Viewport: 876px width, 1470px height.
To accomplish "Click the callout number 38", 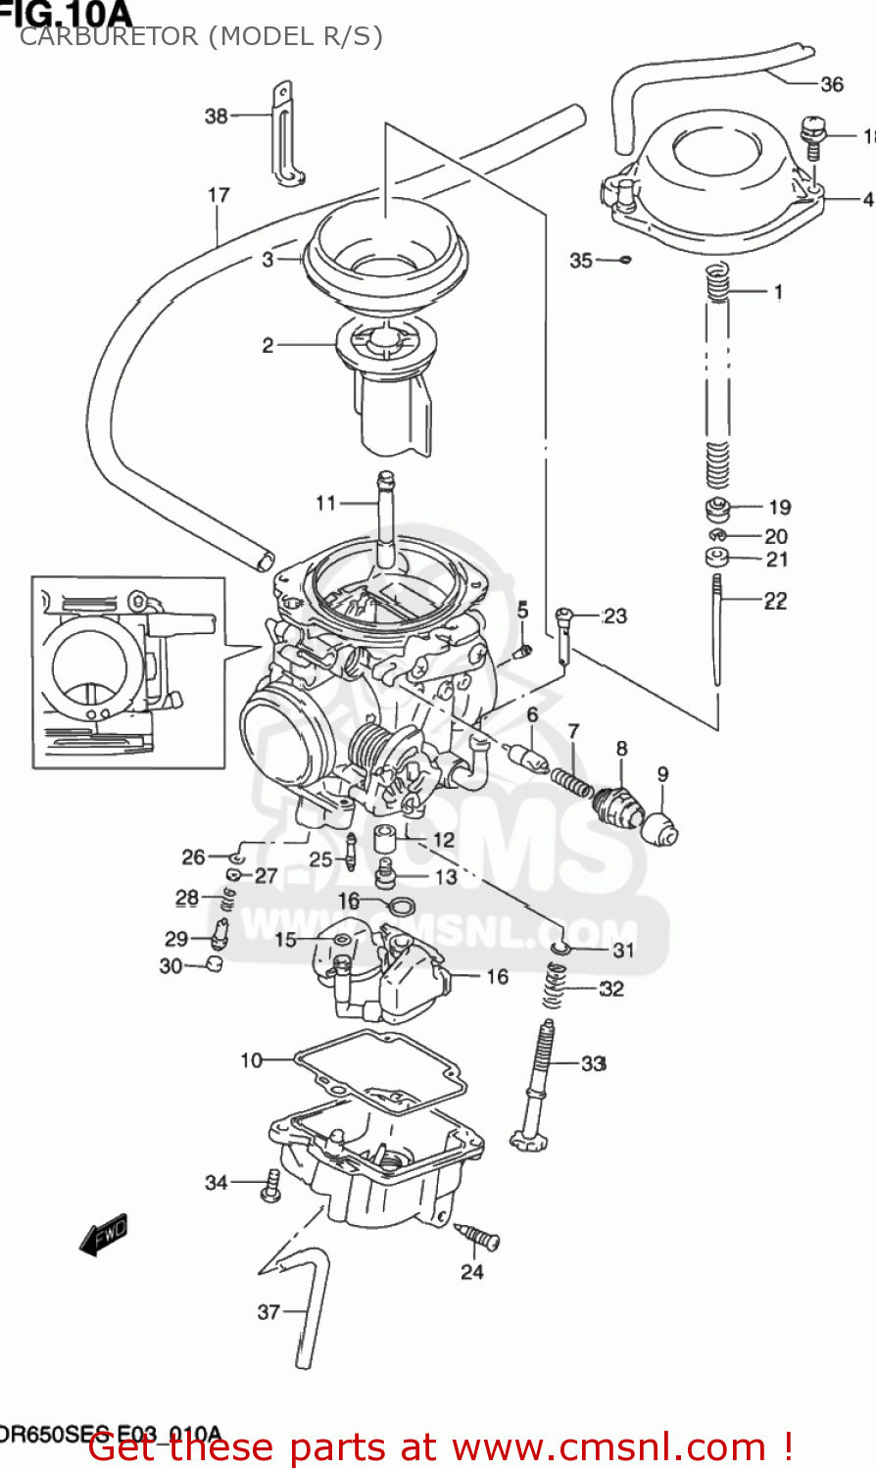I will (216, 116).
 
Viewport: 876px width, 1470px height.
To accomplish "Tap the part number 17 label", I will (219, 195).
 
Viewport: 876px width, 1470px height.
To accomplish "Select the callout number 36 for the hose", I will (832, 84).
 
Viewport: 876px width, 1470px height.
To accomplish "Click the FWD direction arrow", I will (104, 1233).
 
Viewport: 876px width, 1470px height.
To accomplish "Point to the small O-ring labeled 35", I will (625, 260).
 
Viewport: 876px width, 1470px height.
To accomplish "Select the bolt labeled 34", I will (269, 1188).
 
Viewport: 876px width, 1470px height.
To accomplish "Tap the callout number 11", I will (325, 503).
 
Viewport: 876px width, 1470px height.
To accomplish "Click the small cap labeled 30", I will (214, 965).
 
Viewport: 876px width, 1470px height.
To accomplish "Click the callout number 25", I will (320, 859).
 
